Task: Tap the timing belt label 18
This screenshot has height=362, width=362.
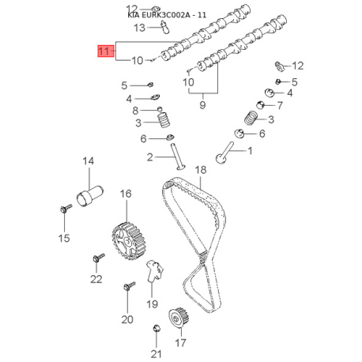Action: click(201, 170)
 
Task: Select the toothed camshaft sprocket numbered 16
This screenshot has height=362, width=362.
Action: click(129, 241)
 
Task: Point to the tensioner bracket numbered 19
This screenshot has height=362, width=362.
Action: click(154, 271)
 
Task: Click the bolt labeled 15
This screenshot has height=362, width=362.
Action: click(65, 208)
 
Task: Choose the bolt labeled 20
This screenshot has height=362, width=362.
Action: click(129, 286)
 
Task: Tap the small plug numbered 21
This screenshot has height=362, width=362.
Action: click(156, 328)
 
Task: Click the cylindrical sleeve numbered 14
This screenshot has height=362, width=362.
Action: click(90, 196)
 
